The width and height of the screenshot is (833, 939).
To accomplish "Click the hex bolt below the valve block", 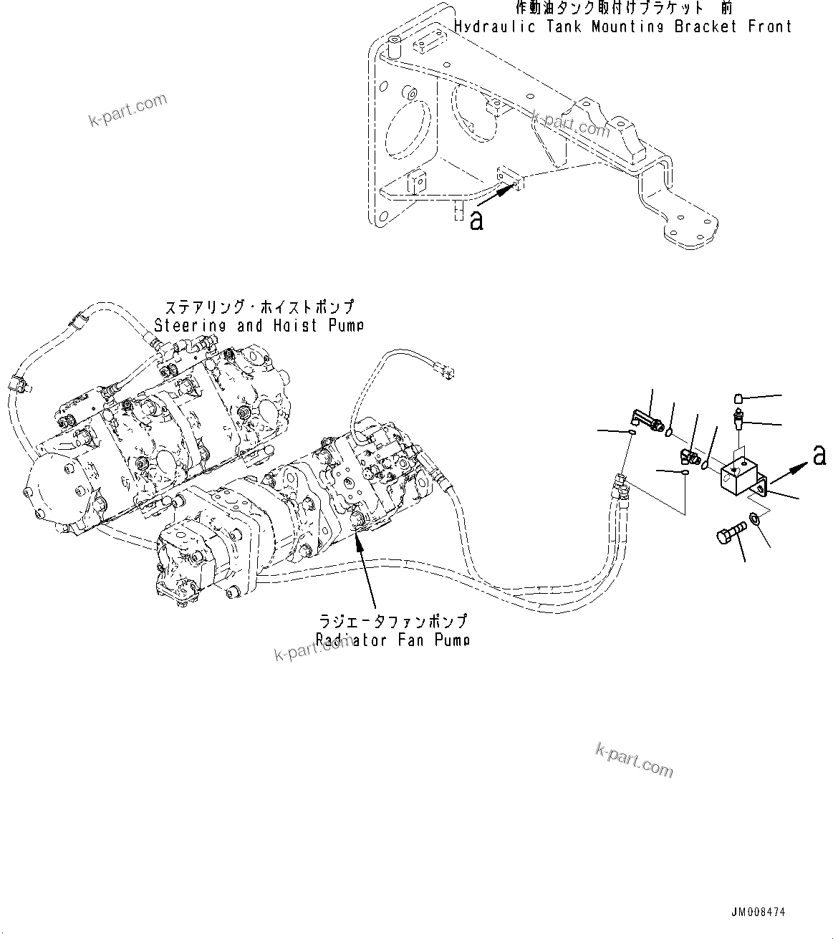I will [x=729, y=534].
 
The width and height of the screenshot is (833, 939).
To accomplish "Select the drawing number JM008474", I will [x=758, y=912].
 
